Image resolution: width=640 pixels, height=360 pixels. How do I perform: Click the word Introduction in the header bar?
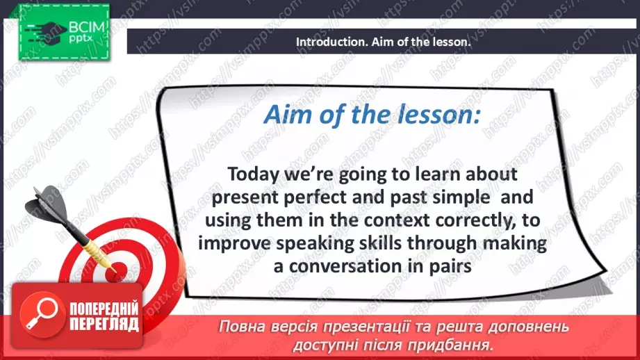tap(326, 42)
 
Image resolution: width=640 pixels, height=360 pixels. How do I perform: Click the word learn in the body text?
tap(432, 173)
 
